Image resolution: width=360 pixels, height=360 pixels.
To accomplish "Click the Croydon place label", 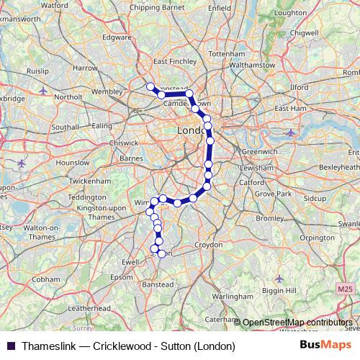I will pos(208,245).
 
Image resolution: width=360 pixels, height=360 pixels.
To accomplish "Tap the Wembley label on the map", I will pos(107,92).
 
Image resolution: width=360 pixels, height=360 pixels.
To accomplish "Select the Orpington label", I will pos(318,237).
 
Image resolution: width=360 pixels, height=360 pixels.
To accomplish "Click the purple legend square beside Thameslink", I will pos(9,346).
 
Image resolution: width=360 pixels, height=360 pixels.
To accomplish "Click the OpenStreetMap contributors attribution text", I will pos(298,323).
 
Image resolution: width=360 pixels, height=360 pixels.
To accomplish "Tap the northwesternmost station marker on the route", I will pos(150,87).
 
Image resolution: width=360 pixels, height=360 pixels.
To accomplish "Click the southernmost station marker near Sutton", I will pos(161,253).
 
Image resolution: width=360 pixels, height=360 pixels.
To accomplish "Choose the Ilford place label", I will pos(297,87).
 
